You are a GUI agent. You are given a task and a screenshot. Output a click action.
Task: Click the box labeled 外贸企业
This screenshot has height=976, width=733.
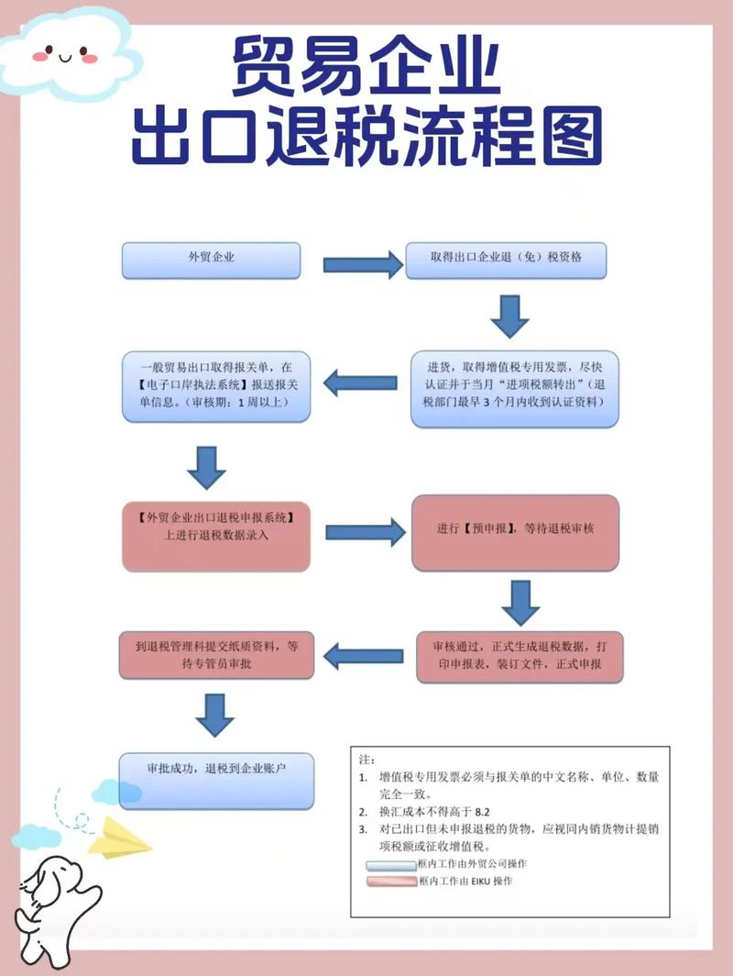pos(212,260)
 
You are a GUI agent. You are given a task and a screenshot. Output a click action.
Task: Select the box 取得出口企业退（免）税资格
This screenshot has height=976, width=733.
pos(507,260)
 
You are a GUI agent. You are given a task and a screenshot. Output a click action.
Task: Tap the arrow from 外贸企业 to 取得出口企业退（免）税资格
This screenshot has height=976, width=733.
pos(362,264)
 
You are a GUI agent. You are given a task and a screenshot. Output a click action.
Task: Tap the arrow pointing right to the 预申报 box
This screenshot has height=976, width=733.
pos(365,531)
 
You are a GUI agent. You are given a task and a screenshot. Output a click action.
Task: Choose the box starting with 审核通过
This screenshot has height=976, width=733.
pos(517,655)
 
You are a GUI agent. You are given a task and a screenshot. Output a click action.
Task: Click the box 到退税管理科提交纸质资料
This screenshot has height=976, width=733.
pos(216,654)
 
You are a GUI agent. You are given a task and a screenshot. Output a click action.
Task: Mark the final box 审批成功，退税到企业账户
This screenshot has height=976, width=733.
pos(217,779)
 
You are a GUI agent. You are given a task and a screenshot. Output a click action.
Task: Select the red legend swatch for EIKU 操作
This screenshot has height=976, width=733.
pos(390,882)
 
